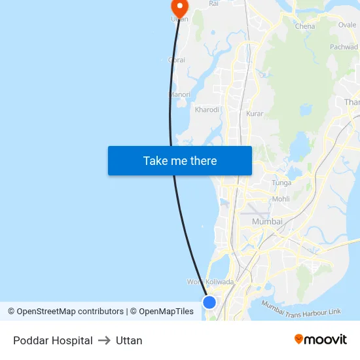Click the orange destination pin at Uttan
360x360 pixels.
(x=179, y=7)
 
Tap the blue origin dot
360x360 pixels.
(x=209, y=302)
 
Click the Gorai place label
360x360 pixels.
(x=177, y=60)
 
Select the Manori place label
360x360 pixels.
(x=180, y=95)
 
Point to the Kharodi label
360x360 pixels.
(x=207, y=110)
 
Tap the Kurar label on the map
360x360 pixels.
(x=255, y=114)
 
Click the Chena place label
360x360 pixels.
(x=305, y=27)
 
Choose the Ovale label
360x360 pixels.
(x=348, y=26)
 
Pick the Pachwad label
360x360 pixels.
(x=344, y=47)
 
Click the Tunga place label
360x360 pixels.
(x=281, y=183)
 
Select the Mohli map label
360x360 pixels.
(x=281, y=199)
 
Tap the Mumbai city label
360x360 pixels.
(x=267, y=222)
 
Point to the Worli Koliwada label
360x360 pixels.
(x=210, y=282)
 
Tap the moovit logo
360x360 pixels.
(x=321, y=339)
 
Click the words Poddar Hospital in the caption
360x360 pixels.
(x=53, y=340)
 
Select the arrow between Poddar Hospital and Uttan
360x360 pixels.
(x=104, y=340)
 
